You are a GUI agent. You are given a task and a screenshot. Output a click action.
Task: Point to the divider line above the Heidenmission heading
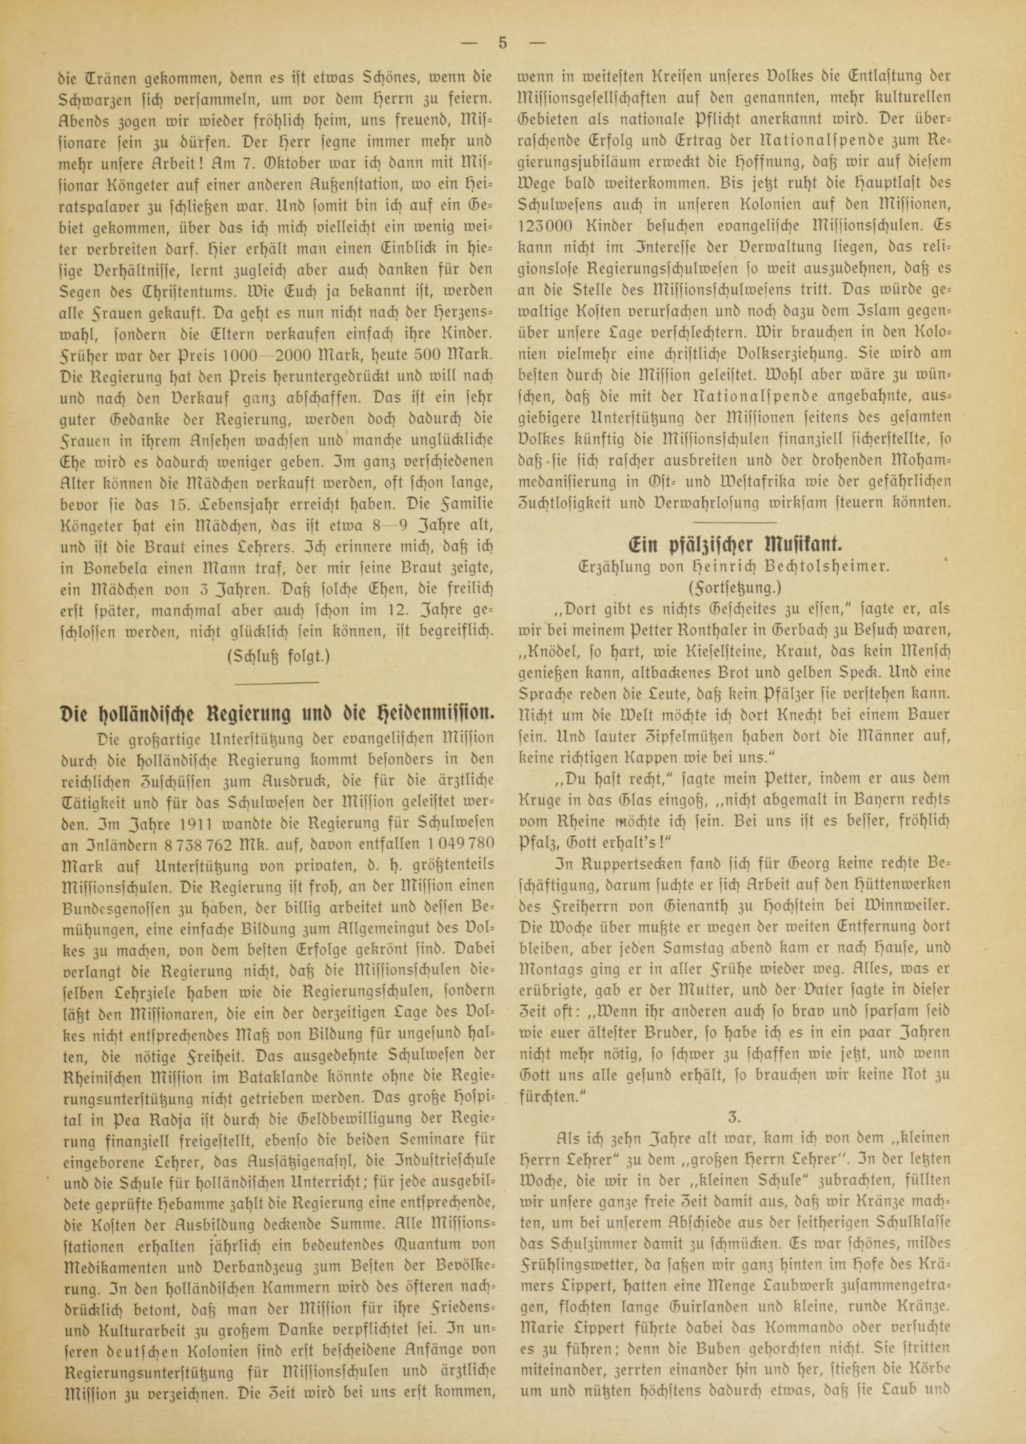[x=276, y=682]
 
